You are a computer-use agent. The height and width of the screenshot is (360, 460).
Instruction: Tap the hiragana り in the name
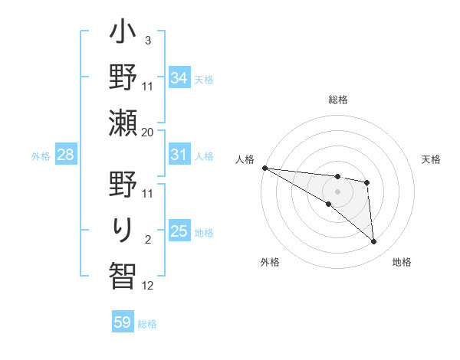[123, 228]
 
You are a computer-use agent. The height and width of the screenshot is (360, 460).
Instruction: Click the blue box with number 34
[179, 77]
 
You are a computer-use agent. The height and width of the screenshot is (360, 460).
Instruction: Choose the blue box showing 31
[179, 155]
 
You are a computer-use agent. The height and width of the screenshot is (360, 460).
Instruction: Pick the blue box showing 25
[179, 231]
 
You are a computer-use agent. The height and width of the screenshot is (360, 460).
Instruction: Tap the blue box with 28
[65, 155]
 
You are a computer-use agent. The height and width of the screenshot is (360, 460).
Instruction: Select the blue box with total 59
[123, 322]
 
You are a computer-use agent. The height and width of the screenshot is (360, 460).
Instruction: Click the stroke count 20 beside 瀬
[147, 132]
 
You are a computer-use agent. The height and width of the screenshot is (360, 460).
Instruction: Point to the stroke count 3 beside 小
[147, 40]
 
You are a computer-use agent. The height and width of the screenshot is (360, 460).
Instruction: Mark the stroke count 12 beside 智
[147, 285]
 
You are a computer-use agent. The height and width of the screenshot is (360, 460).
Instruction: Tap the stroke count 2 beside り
[147, 240]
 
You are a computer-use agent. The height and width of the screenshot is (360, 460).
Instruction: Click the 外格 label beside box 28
[41, 156]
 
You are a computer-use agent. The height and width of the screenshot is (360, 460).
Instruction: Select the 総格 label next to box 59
[147, 324]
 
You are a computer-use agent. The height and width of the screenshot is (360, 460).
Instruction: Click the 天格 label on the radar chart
[432, 159]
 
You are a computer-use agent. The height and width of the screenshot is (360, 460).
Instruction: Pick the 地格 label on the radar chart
[402, 262]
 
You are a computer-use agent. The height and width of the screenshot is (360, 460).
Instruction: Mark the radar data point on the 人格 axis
[264, 167]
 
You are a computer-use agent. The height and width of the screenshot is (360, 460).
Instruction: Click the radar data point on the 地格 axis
[373, 242]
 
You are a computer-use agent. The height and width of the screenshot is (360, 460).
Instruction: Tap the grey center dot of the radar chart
[337, 190]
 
